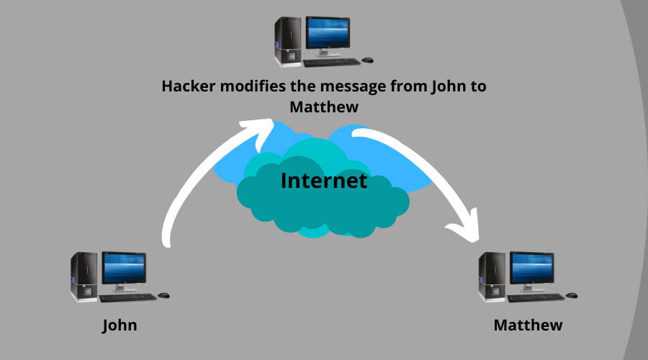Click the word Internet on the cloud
(x=323, y=181)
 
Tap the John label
(x=120, y=325)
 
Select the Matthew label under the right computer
(x=528, y=325)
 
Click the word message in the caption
(x=364, y=86)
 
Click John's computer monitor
(x=124, y=270)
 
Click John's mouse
(x=163, y=295)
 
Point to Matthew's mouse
(x=572, y=295)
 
